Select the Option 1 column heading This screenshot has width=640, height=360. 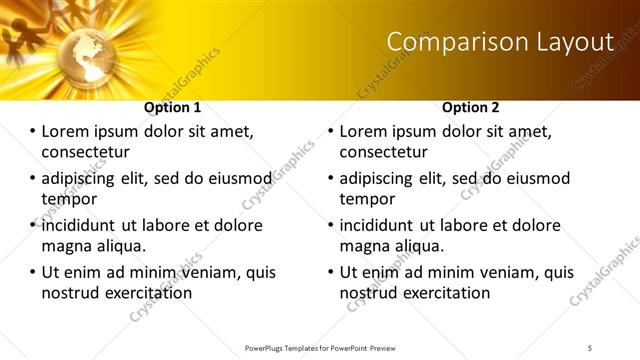point(173,107)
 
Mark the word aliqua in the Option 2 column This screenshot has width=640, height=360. point(418,246)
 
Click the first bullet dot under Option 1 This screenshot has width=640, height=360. point(32,132)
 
